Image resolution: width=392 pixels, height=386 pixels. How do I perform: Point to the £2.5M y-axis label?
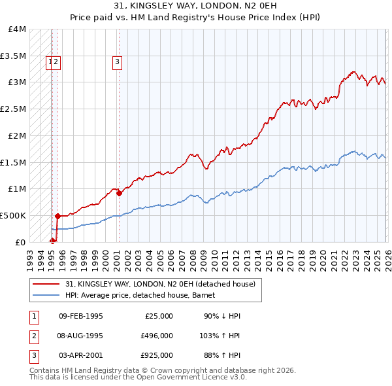pyautogui.click(x=13, y=109)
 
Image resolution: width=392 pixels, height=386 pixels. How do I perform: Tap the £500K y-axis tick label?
pyautogui.click(x=13, y=215)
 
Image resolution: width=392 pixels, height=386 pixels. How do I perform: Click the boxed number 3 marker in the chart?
pyautogui.click(x=117, y=62)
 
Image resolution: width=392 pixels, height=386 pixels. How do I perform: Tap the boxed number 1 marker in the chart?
pyautogui.click(x=49, y=62)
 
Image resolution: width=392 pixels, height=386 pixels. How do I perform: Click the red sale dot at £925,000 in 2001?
pyautogui.click(x=119, y=193)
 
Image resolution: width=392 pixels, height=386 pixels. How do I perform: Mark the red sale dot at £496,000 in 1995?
pyautogui.click(x=57, y=216)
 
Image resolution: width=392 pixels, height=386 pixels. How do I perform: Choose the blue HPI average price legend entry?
pyautogui.click(x=135, y=295)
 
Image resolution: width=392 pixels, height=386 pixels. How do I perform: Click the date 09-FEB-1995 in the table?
pyautogui.click(x=80, y=316)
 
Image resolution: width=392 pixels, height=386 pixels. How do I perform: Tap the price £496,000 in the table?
pyautogui.click(x=157, y=336)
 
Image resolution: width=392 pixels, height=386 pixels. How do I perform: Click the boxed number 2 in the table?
pyautogui.click(x=33, y=336)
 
